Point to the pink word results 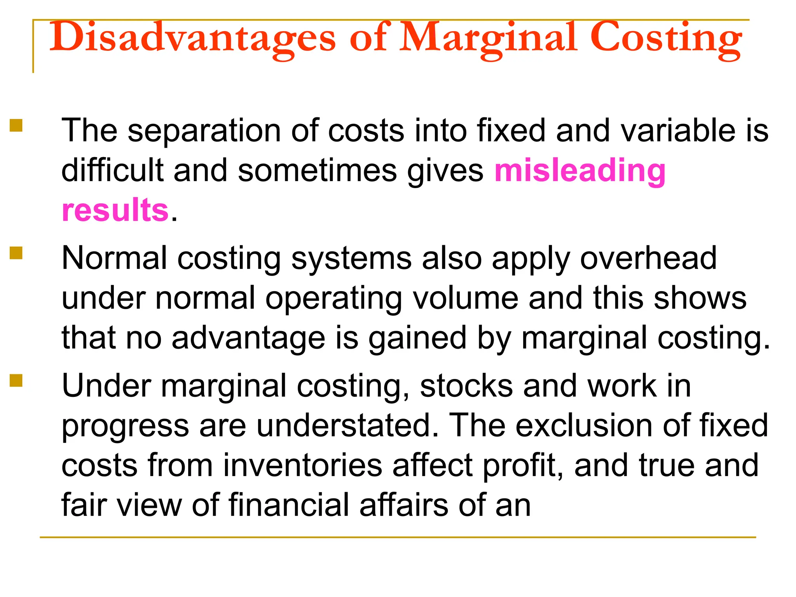[x=115, y=210]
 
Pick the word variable [x=678, y=131]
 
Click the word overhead [x=648, y=258]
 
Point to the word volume [x=466, y=298]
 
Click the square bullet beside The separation [x=16, y=126]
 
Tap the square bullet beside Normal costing [x=16, y=253]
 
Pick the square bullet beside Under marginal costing [x=16, y=381]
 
